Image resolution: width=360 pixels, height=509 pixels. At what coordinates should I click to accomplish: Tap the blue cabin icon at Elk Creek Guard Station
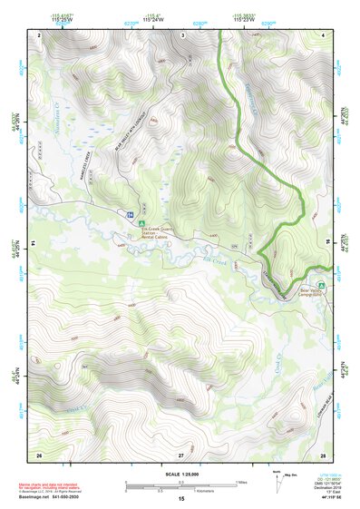[x=131, y=215]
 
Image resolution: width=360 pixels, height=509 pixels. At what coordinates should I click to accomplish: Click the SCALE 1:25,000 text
[x=181, y=475]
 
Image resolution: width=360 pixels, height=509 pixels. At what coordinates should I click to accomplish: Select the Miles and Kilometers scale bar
[x=181, y=489]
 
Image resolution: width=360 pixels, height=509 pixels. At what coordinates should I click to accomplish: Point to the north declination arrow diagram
[x=276, y=480]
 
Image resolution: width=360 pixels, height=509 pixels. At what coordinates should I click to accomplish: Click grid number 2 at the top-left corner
[x=39, y=34]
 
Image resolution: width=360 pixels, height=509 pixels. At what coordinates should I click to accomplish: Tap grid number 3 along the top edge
[x=181, y=34]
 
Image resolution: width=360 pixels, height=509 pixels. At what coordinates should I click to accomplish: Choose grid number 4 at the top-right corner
[x=323, y=34]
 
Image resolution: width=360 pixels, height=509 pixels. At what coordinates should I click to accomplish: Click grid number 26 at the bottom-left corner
[x=39, y=453]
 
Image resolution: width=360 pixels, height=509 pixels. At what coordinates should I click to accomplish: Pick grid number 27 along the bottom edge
[x=181, y=453]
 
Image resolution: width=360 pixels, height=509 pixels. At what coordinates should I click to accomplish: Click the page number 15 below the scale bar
[x=181, y=500]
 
